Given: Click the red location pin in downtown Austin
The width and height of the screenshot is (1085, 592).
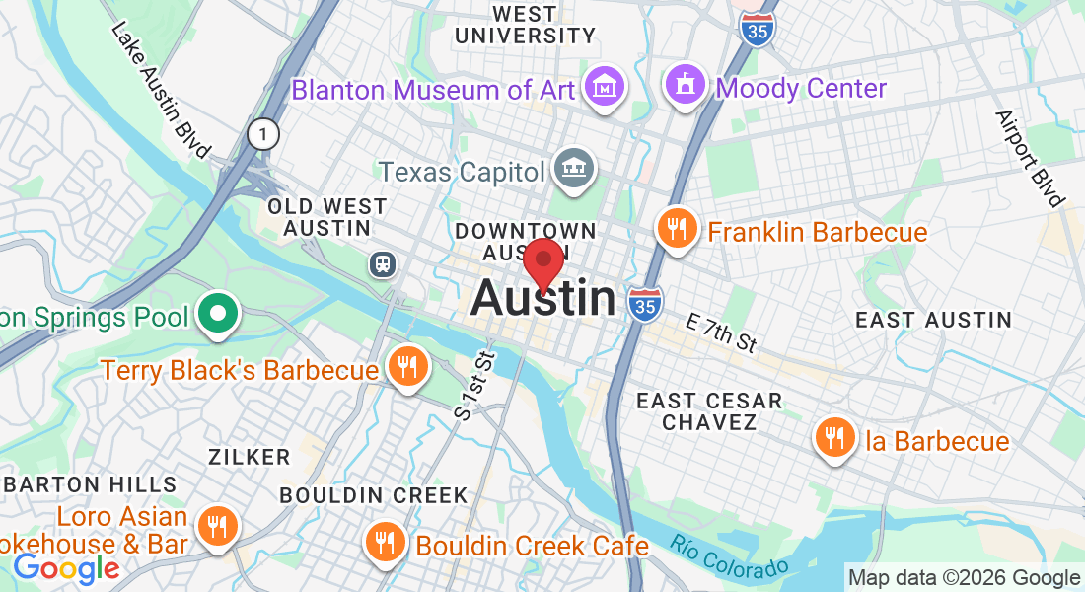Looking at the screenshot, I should click(x=542, y=261).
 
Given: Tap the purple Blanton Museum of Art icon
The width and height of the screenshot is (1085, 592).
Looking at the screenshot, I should click(x=605, y=88).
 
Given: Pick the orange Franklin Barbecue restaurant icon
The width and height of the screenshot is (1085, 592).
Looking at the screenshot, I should click(x=677, y=230).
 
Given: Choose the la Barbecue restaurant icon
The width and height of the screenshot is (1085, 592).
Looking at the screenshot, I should click(x=835, y=439).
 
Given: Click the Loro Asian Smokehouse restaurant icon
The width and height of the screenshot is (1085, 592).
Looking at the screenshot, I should click(x=214, y=527).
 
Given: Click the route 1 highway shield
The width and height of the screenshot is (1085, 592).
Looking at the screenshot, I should click(x=263, y=134).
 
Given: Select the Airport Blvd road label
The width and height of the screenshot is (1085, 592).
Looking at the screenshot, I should click(x=1031, y=158).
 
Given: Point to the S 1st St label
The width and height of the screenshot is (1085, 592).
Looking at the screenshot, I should click(x=474, y=385).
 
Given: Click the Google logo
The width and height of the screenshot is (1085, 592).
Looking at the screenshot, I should click(x=66, y=568).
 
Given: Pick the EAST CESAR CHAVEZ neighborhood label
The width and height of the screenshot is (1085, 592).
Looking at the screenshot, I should click(x=708, y=411).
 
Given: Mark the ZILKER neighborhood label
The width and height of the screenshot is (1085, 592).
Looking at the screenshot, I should click(x=249, y=457).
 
